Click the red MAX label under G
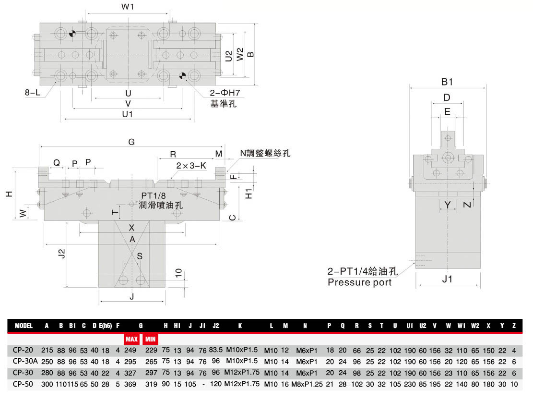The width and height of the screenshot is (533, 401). pyautogui.click(x=131, y=339)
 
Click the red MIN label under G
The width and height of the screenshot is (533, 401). pyautogui.click(x=150, y=339)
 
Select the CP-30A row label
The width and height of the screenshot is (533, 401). pyautogui.click(x=25, y=361)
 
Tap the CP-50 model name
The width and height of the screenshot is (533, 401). pyautogui.click(x=23, y=384)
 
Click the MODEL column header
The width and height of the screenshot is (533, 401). pyautogui.click(x=24, y=326)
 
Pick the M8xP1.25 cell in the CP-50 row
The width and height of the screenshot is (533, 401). pyautogui.click(x=307, y=384)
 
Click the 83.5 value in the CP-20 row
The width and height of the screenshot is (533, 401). pyautogui.click(x=216, y=350)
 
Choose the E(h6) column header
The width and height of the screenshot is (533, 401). pyautogui.click(x=106, y=326)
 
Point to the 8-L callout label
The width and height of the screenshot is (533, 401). pyautogui.click(x=32, y=92)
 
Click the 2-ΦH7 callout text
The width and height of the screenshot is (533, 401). pyautogui.click(x=225, y=93)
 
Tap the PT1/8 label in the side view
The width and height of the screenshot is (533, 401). pyautogui.click(x=154, y=196)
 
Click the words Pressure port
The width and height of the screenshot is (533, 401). pyautogui.click(x=360, y=282)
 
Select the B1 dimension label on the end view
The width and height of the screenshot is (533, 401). pyautogui.click(x=447, y=82)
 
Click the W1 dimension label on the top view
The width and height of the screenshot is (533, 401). pyautogui.click(x=128, y=7)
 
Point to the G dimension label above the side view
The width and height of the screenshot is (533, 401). pyautogui.click(x=131, y=142)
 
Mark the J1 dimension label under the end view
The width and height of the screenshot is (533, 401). pyautogui.click(x=447, y=279)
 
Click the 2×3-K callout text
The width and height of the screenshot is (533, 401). pyautogui.click(x=191, y=166)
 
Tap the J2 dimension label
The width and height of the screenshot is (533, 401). pyautogui.click(x=61, y=254)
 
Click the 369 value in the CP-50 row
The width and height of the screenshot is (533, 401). pyautogui.click(x=130, y=384)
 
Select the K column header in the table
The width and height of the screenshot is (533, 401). pyautogui.click(x=240, y=326)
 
